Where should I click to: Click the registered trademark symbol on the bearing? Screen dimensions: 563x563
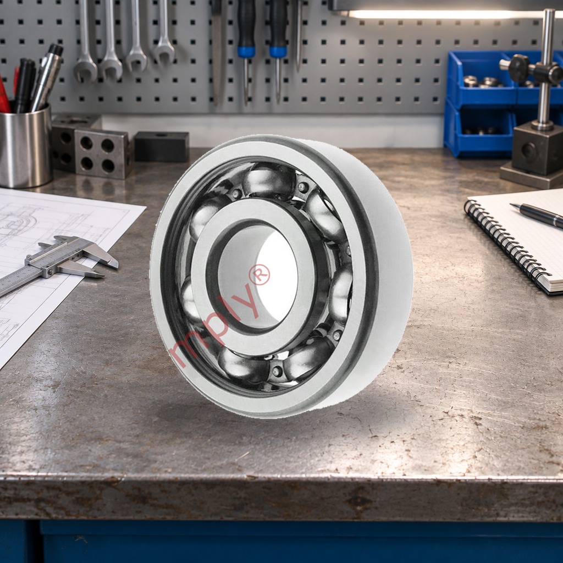coord(260,275)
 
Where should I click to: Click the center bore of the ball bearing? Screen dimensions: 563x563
coord(258,277)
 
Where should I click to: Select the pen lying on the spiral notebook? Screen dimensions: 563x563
coord(537,215)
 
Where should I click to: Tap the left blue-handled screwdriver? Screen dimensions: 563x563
coord(246,50)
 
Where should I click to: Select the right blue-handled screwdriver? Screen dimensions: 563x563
coord(278,50)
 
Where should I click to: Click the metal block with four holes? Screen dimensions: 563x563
coord(102,154)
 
